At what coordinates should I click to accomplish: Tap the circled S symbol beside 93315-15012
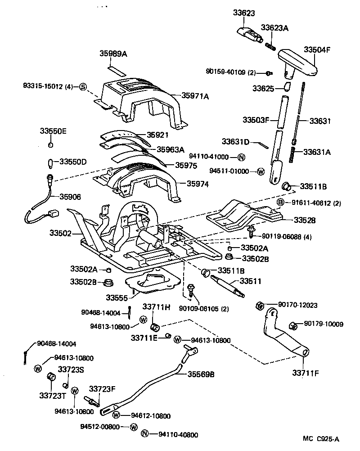(x=83, y=87)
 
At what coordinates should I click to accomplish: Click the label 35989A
(x=113, y=54)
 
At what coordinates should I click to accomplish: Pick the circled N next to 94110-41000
(x=241, y=157)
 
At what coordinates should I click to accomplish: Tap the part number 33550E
(x=53, y=131)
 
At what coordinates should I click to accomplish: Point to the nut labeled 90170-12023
(x=260, y=305)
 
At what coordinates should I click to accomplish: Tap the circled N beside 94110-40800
(x=144, y=434)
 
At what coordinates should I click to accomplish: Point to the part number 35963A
(x=170, y=149)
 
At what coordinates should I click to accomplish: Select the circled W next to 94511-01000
(x=261, y=171)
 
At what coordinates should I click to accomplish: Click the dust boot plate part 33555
(x=151, y=284)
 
